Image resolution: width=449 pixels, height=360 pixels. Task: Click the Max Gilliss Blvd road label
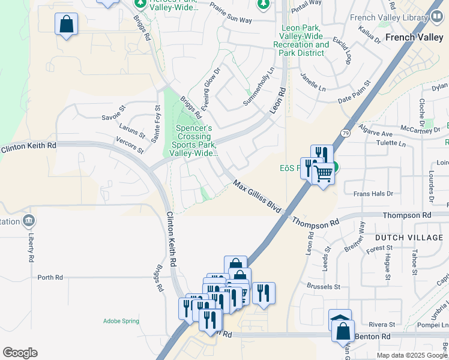pyautogui.click(x=257, y=195)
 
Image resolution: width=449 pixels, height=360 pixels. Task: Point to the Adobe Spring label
pyautogui.click(x=121, y=321)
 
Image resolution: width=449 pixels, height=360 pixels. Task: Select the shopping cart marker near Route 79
pyautogui.click(x=324, y=173)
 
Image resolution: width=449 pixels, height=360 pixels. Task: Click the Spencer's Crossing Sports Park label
pyautogui.click(x=193, y=141)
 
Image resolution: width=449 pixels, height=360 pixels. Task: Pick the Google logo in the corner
pyautogui.click(x=20, y=353)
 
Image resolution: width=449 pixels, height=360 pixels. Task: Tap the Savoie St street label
pyautogui.click(x=113, y=112)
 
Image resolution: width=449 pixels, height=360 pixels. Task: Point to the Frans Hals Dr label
pyautogui.click(x=372, y=193)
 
